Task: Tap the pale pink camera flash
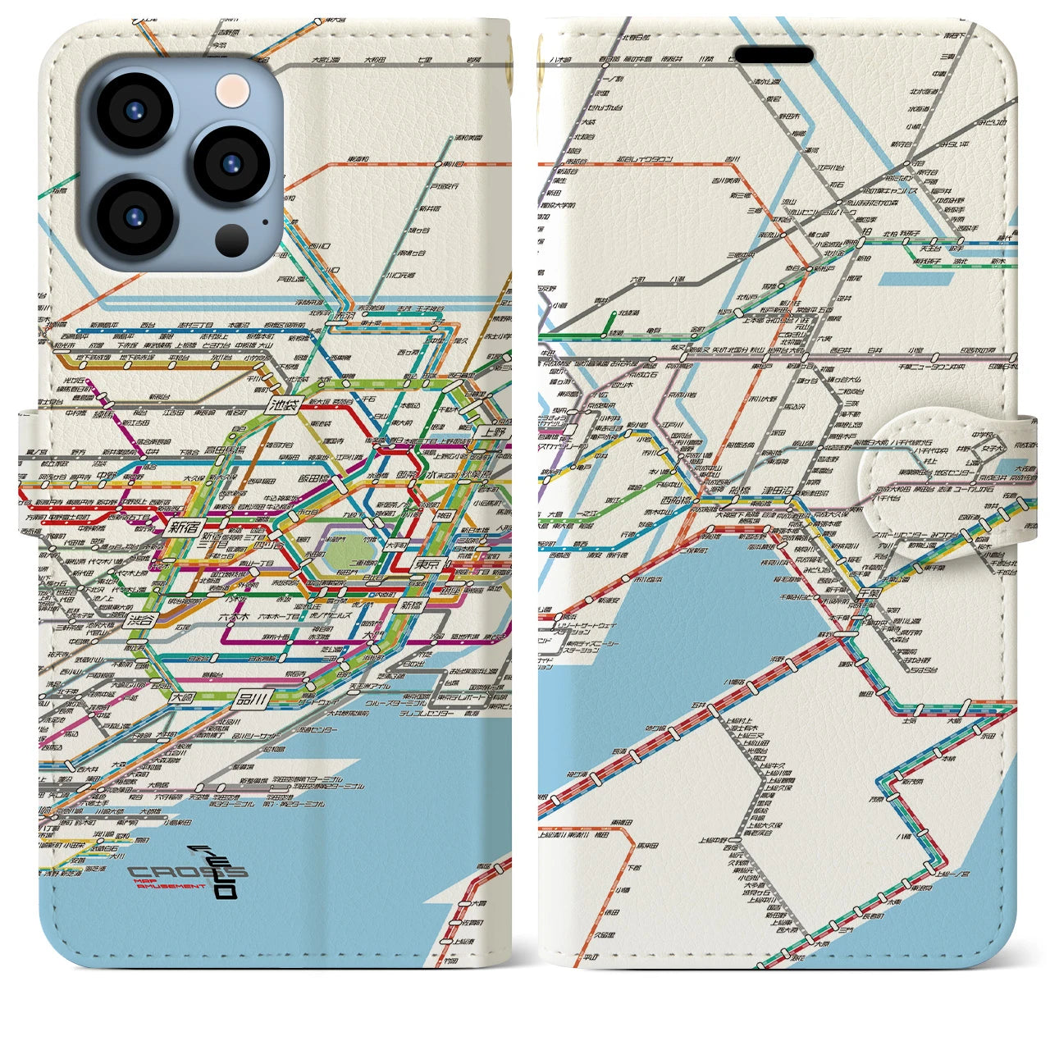coord(231,88)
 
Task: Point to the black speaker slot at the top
coord(774,55)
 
